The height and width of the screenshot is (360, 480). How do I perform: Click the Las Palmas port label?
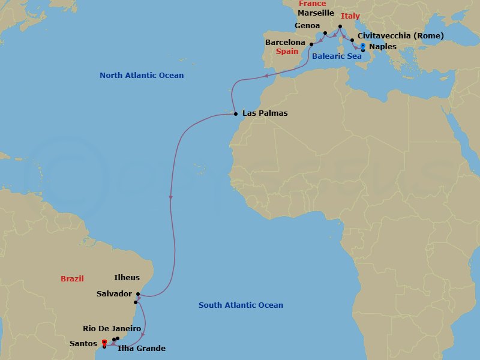coord(265,113)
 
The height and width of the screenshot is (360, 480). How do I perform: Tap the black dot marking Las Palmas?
coord(236,113)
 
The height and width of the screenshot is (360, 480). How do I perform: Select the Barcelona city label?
coord(285,43)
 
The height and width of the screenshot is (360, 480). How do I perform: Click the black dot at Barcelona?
coord(311,43)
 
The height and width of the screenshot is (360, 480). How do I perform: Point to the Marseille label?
coord(316,13)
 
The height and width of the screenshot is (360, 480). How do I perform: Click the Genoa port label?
coord(307,26)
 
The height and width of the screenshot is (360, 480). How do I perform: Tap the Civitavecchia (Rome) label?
coord(400,36)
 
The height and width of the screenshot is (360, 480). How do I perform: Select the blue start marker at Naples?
coord(363,46)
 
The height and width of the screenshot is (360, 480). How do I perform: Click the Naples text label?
coord(382,46)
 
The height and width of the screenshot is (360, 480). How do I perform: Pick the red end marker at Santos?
coord(104,343)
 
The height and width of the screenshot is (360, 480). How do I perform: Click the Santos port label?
coord(83,343)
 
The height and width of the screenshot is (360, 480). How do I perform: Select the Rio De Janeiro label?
coord(112,329)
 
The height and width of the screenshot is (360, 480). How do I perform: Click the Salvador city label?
coord(113,293)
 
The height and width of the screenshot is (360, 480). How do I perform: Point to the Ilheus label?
coord(127,278)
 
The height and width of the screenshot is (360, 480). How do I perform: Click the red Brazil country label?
coord(72,278)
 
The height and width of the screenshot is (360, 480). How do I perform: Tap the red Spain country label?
coord(287,52)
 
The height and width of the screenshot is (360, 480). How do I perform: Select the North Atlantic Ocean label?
coord(142,76)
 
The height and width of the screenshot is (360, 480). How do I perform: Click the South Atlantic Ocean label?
coord(241,305)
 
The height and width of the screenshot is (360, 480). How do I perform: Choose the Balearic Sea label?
coord(337,56)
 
